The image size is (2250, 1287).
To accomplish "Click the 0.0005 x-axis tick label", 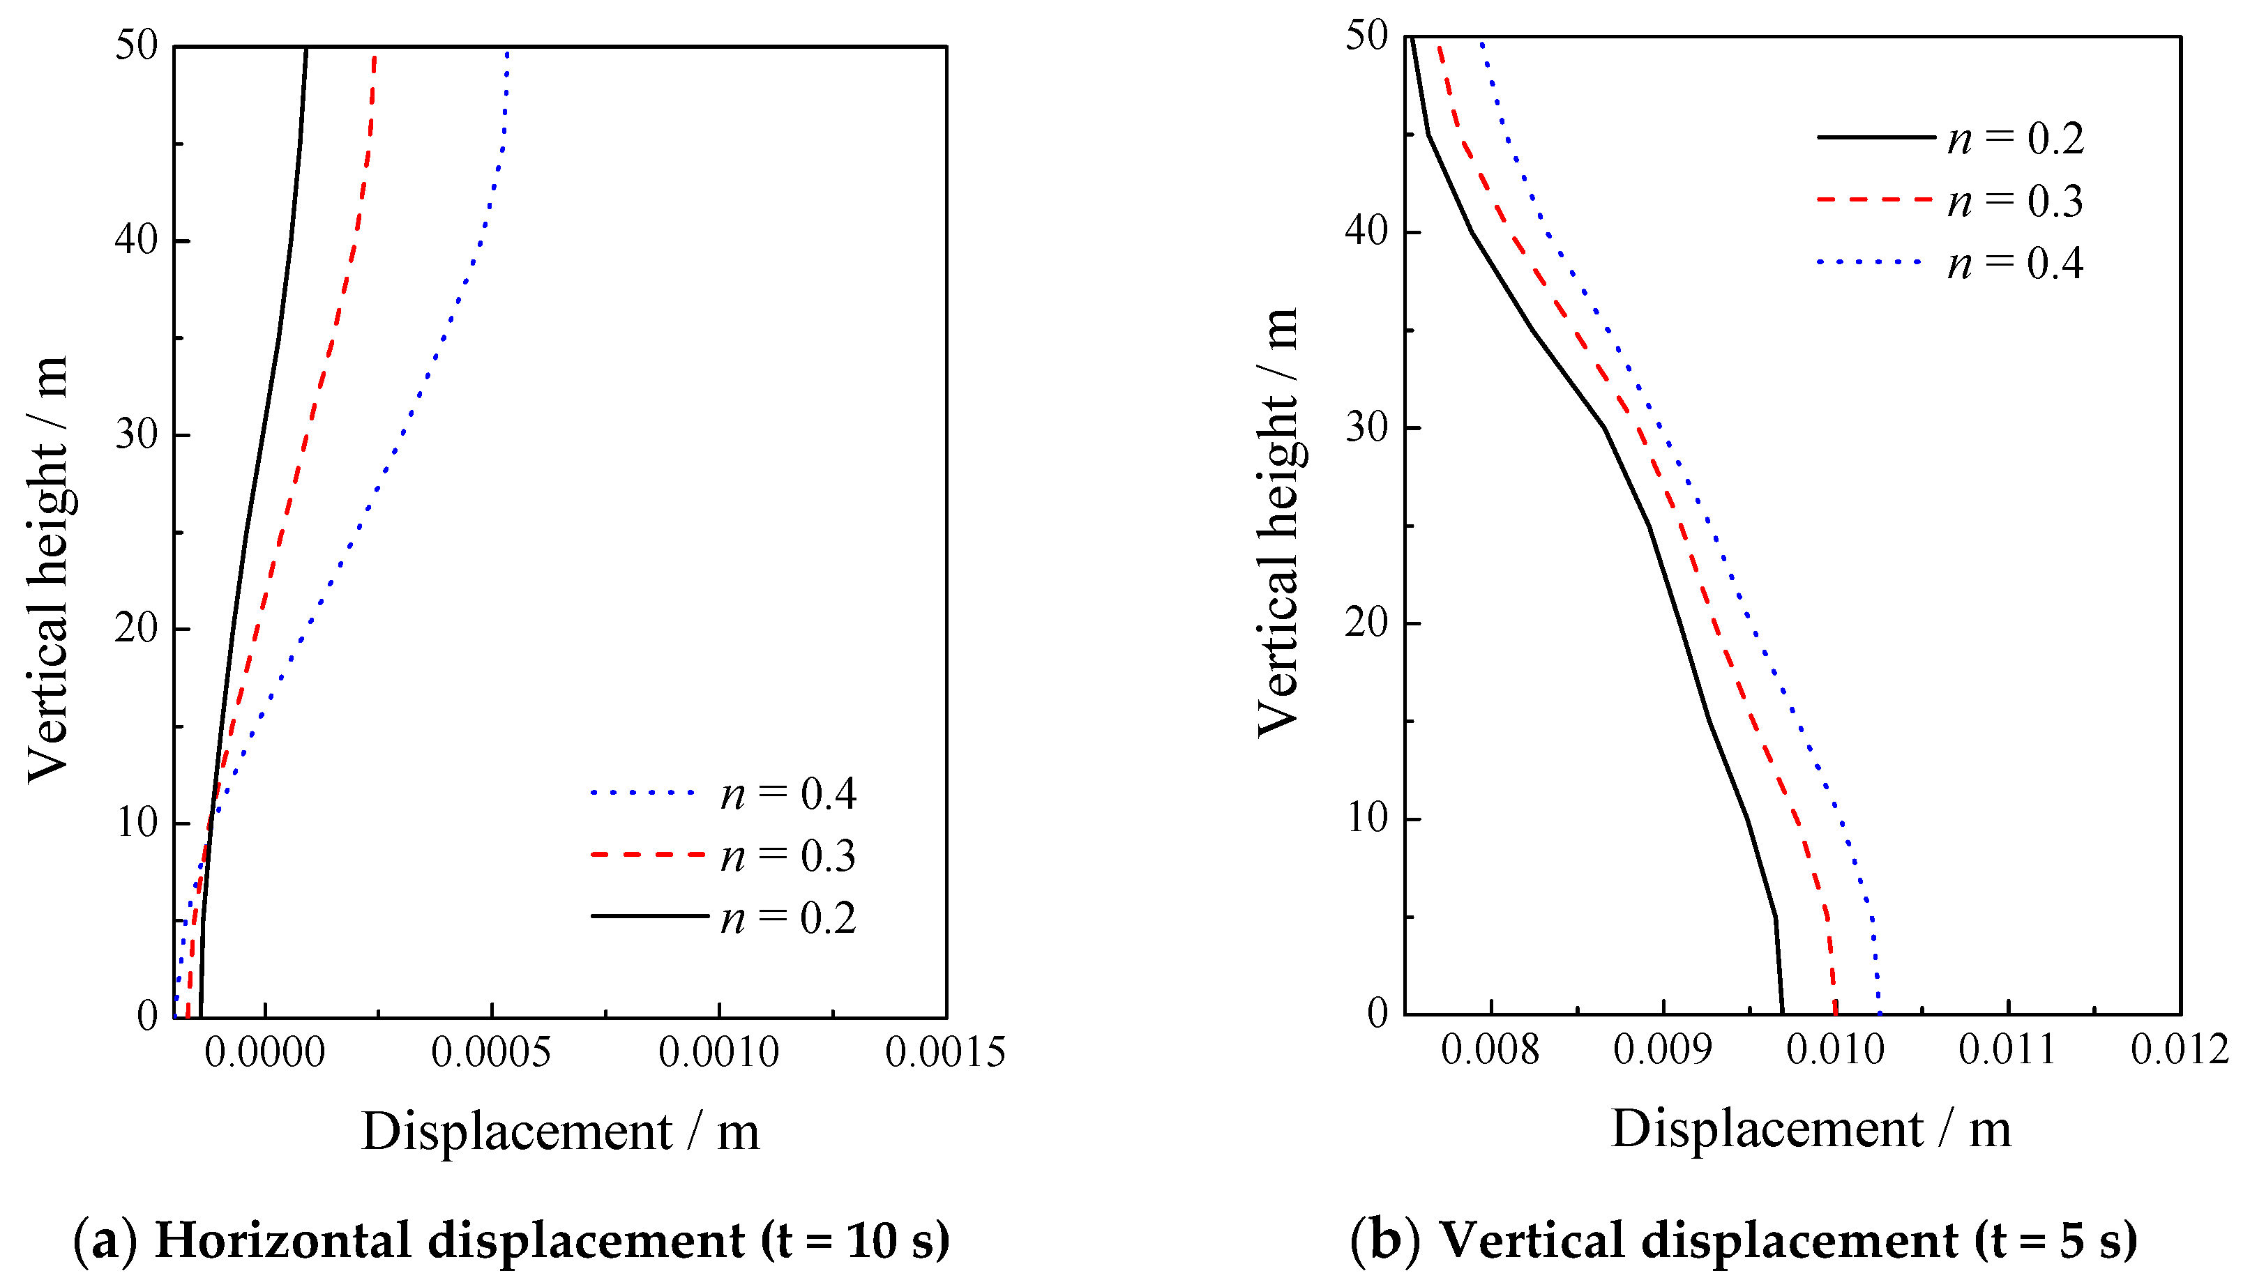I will click(491, 1053).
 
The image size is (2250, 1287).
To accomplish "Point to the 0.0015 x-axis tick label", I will click(945, 1053).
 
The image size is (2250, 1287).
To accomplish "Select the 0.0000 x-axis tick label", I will click(265, 1053).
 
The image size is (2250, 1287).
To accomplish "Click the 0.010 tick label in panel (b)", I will click(1836, 1050).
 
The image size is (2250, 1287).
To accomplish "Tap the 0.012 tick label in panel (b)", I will click(2180, 1050).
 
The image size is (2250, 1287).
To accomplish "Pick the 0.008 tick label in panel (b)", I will click(1490, 1050).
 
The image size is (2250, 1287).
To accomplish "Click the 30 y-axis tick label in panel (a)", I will click(136, 435).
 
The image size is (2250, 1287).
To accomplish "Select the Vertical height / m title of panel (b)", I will click(1278, 521).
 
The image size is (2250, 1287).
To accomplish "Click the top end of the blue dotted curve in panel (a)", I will click(508, 53).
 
